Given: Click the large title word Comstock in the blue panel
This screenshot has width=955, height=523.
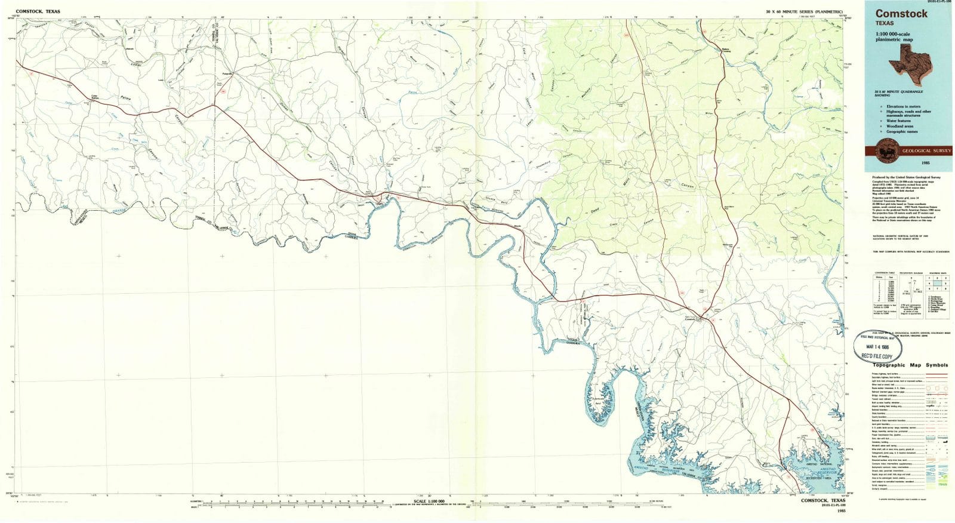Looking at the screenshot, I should coord(901,13).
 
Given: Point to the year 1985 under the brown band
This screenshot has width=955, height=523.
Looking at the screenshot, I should coord(925,162).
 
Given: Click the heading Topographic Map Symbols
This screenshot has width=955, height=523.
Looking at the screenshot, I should coord(910,365).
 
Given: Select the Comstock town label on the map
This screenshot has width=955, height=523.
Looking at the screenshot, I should coord(691,319).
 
